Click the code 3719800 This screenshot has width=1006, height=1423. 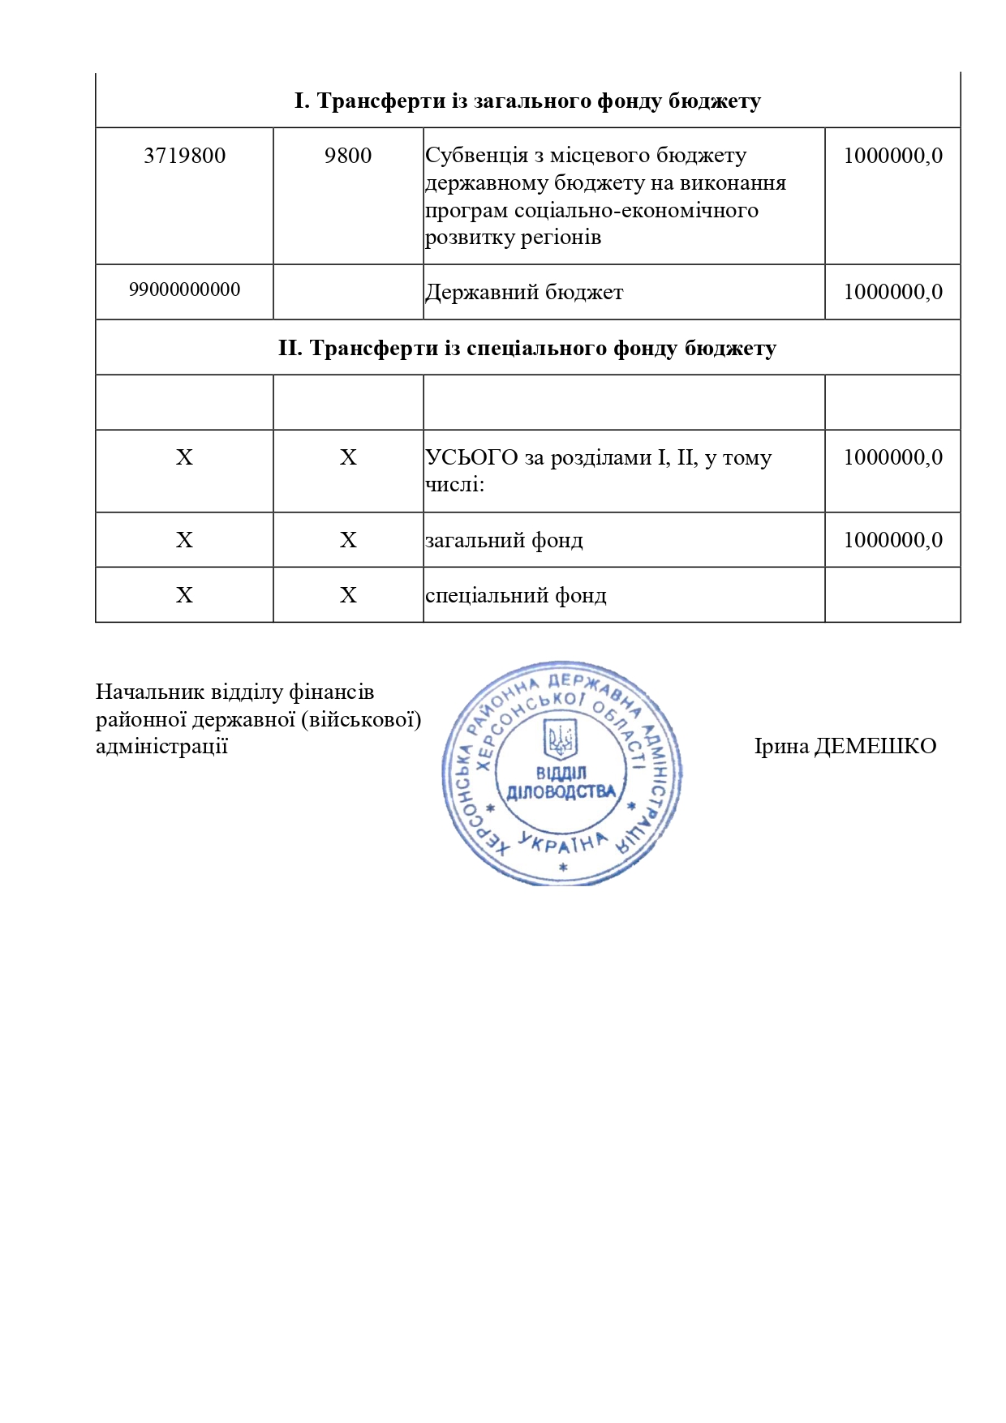point(184,156)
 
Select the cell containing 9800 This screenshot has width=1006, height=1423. point(347,156)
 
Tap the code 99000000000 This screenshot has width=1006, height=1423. point(184,289)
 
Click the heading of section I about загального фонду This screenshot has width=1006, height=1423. point(527,101)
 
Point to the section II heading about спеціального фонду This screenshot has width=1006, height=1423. point(527,349)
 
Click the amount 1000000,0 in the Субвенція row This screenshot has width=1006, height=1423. point(892,156)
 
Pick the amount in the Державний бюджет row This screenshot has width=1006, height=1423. point(892,292)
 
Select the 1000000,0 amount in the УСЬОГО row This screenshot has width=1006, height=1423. point(892,457)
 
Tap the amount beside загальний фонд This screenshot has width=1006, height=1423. point(892,540)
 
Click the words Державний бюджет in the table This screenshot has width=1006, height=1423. point(524,293)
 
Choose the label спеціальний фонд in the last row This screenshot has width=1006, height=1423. point(515,596)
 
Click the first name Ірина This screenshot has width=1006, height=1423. point(781,746)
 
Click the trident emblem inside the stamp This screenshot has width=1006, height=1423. point(561,739)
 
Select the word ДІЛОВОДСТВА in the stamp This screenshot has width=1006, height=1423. point(561,792)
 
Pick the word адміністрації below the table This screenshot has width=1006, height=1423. point(161,746)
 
